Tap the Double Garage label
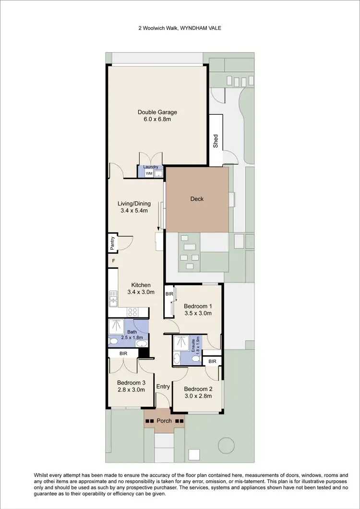[x=157, y=112]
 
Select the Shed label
[x=216, y=140]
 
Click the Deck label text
[x=197, y=199]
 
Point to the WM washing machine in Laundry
[x=149, y=173]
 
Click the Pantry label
[x=112, y=243]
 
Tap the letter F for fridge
[x=113, y=261]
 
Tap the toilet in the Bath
[x=114, y=341]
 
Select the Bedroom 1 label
[x=198, y=306]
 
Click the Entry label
[x=163, y=387]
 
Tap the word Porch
[x=165, y=421]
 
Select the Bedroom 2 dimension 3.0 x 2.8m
[x=198, y=396]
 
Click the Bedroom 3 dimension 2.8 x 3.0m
[x=131, y=390]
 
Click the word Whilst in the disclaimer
[x=42, y=475]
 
